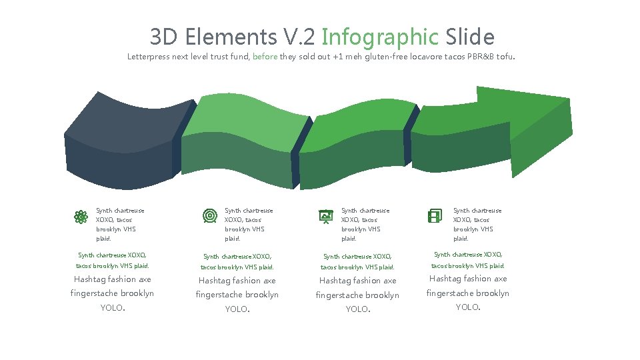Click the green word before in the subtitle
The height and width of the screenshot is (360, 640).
pos(265,57)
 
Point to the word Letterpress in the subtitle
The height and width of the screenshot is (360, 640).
pos(149,57)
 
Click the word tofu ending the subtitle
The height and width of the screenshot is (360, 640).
pos(504,57)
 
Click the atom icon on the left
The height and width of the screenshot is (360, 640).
pos(81,217)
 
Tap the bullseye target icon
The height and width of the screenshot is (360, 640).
pos(209,216)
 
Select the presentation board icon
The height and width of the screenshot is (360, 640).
pos(326,216)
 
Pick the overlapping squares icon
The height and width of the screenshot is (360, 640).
pos(435,216)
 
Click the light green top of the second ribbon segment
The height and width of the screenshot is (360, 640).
pos(247,120)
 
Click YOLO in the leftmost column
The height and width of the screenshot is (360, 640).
pos(112,307)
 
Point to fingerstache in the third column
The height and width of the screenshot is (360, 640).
pos(337,295)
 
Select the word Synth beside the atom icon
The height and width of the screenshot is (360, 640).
pos(104,211)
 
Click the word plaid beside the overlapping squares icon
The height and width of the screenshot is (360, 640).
pos(461,239)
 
